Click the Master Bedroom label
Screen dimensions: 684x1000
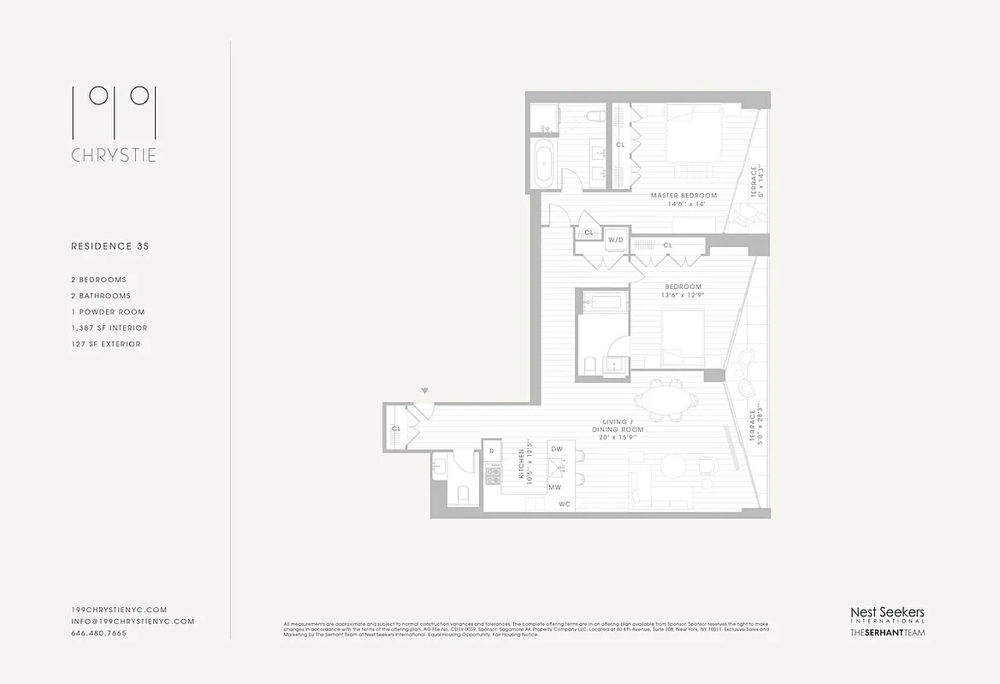[683, 196]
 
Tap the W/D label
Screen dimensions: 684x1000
[616, 241]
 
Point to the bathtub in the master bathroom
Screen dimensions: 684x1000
[545, 163]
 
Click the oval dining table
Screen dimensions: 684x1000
[666, 400]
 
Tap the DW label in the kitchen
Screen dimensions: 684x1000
[557, 449]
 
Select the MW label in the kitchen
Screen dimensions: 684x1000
[554, 487]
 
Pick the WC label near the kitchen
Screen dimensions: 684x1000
[565, 504]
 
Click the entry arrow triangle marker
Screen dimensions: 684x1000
[424, 392]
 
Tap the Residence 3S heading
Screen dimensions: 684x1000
[109, 246]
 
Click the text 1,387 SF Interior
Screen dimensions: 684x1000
[109, 327]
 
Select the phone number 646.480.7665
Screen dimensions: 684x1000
[98, 634]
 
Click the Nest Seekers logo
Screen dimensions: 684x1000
[886, 614]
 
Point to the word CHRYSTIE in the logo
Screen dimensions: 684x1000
[114, 156]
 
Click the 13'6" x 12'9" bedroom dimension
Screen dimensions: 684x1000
[681, 295]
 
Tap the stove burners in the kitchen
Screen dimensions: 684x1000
[493, 475]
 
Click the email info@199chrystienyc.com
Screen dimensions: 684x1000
[133, 622]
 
